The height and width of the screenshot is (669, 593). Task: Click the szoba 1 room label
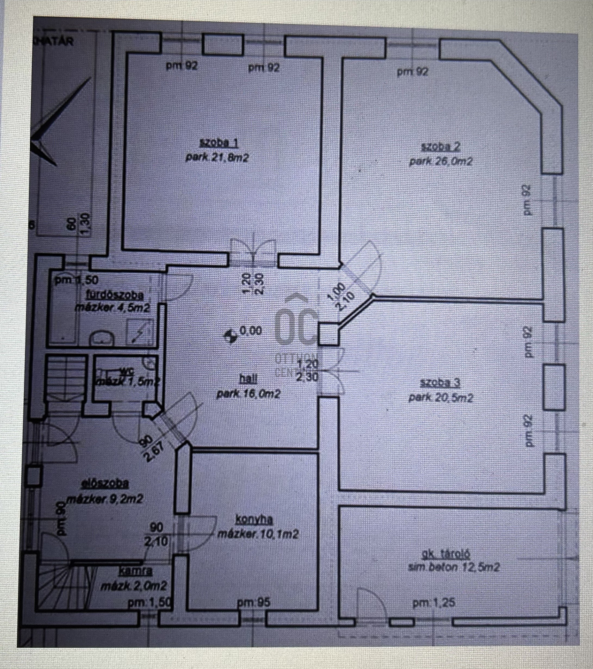click(x=218, y=143)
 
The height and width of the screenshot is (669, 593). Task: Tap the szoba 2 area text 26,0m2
click(x=441, y=162)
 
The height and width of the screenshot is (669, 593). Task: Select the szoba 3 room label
click(x=440, y=383)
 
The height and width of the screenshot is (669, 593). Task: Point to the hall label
click(x=248, y=378)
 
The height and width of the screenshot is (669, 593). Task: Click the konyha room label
click(x=254, y=520)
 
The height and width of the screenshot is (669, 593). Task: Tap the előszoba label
click(x=105, y=483)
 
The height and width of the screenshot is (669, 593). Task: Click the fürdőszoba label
click(x=115, y=295)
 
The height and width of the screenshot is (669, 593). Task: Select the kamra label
click(x=135, y=571)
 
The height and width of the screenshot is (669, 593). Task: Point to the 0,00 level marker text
click(x=251, y=330)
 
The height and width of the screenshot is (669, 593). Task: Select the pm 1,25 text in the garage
click(x=433, y=602)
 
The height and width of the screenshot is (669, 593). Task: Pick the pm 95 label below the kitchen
click(x=253, y=602)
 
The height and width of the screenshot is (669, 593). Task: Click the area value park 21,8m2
click(x=217, y=157)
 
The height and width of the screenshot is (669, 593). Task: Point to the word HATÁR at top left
click(x=54, y=41)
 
